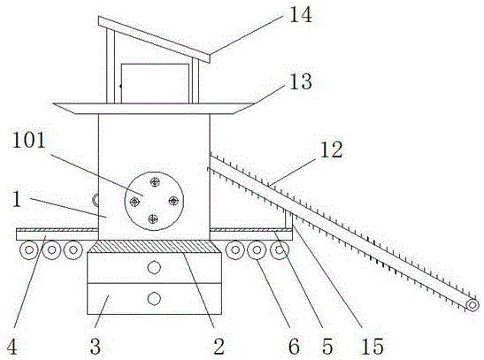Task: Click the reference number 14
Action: (300, 15)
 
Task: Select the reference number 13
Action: (300, 81)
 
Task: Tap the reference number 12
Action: (331, 149)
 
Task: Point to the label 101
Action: (29, 141)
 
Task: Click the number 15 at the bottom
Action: (373, 346)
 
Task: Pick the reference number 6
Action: (294, 346)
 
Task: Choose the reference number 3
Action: (96, 346)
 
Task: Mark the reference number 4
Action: (12, 346)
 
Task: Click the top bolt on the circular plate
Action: (155, 182)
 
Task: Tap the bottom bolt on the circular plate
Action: (153, 219)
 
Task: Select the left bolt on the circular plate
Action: (134, 202)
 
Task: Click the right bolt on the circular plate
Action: (173, 201)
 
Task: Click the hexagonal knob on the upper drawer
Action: (154, 267)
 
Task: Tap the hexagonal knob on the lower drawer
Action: (154, 298)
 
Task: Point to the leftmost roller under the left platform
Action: (28, 249)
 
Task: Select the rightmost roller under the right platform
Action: (280, 249)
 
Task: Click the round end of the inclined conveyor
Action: (472, 305)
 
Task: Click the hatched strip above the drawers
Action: (154, 247)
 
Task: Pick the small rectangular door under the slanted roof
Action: (155, 83)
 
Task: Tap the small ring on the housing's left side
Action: (96, 200)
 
